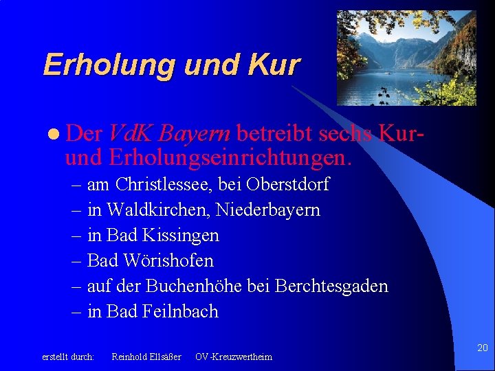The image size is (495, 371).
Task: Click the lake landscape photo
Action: [x=406, y=58]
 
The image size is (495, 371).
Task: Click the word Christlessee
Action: [x=163, y=185]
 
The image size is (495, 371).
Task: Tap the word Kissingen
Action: [x=181, y=235]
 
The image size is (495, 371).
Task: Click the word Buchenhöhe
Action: [x=195, y=286]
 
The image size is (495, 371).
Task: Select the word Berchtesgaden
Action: [x=331, y=286]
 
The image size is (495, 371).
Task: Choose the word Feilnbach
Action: [x=180, y=311]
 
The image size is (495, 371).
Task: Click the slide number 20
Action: [x=482, y=348]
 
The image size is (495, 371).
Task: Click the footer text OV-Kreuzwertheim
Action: [x=233, y=357]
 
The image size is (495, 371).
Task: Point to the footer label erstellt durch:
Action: [x=68, y=357]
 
